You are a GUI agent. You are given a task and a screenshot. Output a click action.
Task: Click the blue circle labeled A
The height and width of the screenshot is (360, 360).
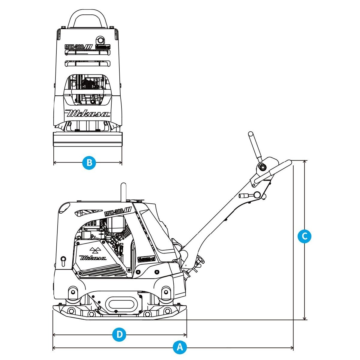[180, 348]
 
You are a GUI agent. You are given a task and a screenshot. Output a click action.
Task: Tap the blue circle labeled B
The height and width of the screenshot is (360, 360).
[89, 163]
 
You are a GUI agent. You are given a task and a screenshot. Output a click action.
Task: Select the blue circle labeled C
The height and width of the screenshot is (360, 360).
[304, 236]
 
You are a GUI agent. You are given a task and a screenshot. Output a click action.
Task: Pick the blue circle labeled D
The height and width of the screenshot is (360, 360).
[119, 334]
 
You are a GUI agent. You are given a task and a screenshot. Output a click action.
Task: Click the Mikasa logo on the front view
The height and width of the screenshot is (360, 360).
[88, 114]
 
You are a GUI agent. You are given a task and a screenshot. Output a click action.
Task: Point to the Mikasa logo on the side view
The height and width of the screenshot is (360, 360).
[93, 257]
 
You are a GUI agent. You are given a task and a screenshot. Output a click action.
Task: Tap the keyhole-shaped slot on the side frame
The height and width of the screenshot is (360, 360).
[63, 260]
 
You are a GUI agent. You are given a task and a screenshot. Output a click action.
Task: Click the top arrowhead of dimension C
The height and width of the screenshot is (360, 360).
[305, 162]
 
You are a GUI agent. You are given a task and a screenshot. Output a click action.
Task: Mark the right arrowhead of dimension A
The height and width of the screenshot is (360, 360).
[292, 348]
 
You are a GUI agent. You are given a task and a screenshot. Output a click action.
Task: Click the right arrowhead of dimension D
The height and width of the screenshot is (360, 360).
[185, 334]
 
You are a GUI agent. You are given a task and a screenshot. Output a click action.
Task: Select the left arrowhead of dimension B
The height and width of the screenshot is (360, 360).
[55, 163]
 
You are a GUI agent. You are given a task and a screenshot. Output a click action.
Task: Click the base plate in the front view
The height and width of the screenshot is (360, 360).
[88, 139]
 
